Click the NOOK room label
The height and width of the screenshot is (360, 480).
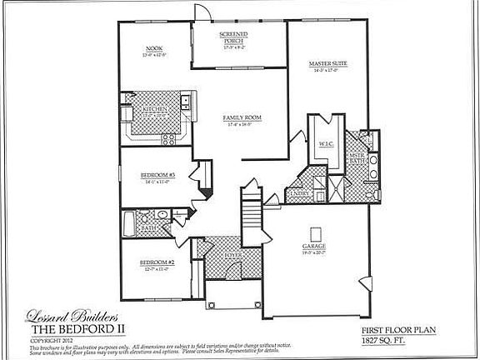(154, 48)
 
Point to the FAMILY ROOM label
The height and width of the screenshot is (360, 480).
(242, 119)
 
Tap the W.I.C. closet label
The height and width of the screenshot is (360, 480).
(326, 143)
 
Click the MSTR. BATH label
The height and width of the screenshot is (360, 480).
(357, 157)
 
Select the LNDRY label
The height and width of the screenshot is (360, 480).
(302, 193)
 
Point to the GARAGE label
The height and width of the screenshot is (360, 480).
(314, 247)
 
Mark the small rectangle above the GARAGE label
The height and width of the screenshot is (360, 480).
(314, 232)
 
